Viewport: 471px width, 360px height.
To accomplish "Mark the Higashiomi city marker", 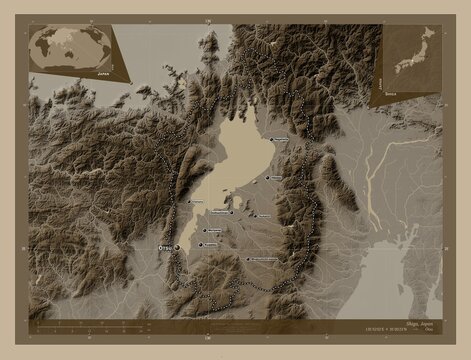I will point(253,215).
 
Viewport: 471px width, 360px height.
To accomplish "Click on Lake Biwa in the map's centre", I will point(240,160).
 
